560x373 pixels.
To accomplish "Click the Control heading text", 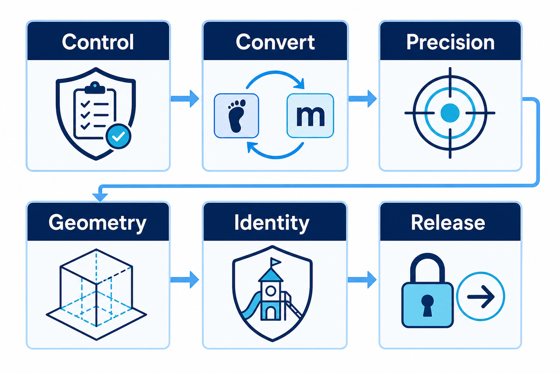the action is tap(98, 42).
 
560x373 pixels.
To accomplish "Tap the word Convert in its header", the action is tap(275, 42).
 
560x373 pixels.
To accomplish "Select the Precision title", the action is tap(450, 42).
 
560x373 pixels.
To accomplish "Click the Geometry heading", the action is tap(98, 223).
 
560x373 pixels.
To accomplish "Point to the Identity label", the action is tap(272, 223).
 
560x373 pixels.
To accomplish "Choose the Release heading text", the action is tap(448, 222).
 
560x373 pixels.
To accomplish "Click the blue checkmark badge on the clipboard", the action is tap(118, 137).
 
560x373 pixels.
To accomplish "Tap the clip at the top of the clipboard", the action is tap(95, 88).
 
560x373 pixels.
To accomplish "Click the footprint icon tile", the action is tap(236, 116).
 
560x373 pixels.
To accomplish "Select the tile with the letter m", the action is tap(310, 116).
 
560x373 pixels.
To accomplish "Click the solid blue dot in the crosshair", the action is tap(450, 113).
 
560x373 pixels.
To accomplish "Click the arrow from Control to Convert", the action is tap(185, 99).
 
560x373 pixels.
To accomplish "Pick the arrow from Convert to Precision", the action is tap(363, 99).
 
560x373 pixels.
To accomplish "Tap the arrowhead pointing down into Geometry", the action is tap(100, 197).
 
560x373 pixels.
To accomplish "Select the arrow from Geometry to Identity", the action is tap(184, 280).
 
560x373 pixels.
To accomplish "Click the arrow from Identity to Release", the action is tap(362, 280).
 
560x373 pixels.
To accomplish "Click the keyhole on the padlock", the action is tap(427, 305).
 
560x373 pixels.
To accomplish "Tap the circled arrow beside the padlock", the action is tap(481, 297).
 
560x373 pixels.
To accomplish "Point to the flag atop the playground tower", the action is tap(275, 262).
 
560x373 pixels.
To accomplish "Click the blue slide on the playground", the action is tap(251, 305).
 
